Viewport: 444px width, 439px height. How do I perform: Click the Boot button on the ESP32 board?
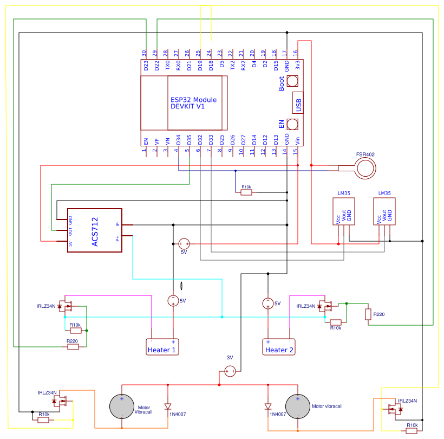[292, 81]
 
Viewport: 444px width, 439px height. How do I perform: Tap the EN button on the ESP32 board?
[292, 124]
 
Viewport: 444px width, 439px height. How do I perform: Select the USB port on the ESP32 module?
[297, 102]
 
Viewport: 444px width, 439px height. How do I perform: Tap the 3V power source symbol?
[230, 371]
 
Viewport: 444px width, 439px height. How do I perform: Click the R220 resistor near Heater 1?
[73, 347]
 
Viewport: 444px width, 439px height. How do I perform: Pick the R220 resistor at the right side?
[368, 314]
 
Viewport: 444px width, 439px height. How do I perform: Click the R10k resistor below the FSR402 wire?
[246, 192]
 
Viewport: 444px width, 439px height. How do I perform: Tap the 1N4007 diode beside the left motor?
[167, 406]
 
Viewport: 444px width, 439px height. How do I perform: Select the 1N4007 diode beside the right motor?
[268, 406]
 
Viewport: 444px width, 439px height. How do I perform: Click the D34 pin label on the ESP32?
[178, 140]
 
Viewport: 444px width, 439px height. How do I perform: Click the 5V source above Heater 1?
[173, 301]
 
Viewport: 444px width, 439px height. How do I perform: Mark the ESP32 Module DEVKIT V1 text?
[194, 103]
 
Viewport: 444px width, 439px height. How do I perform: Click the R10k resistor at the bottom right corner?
[412, 431]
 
